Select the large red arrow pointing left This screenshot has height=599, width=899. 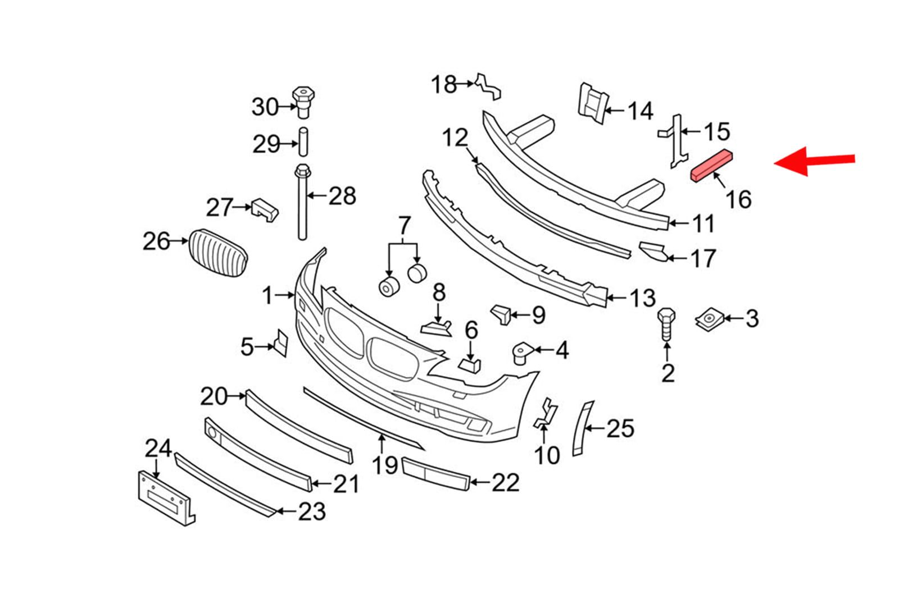[814, 161]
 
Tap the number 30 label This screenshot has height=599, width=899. [265, 107]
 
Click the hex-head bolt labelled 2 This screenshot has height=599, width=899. [666, 325]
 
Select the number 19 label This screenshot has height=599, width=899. [385, 465]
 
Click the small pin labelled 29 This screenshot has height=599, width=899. [303, 141]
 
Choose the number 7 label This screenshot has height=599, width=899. [405, 225]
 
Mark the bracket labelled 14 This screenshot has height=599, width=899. [592, 103]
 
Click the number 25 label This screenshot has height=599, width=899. [620, 428]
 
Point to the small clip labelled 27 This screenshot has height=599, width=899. [265, 209]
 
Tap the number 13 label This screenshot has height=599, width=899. [642, 298]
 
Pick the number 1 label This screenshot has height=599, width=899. [267, 295]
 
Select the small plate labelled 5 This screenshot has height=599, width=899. [280, 343]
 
